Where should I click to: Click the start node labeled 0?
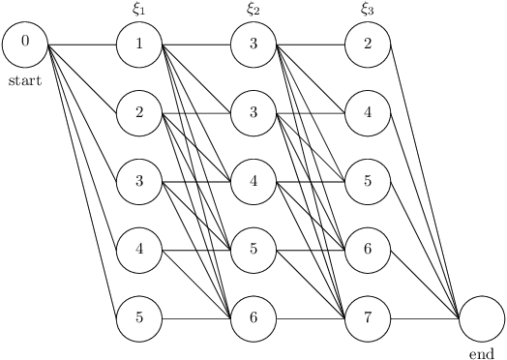[25, 44]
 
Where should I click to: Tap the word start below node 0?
[25, 81]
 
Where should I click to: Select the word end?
[481, 354]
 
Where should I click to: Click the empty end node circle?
[482, 317]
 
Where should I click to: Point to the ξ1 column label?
[139, 10]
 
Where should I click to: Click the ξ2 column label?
[253, 10]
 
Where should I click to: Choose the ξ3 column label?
[368, 10]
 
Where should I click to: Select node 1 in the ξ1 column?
[139, 44]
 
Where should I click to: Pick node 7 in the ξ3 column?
[368, 317]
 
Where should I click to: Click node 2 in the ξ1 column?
[139, 112]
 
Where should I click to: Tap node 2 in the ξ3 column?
[368, 44]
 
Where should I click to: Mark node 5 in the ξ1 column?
[139, 317]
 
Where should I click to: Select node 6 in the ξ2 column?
[253, 317]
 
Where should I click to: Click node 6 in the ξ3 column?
[368, 250]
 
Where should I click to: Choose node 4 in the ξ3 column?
[368, 112]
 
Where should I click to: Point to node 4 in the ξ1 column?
[139, 250]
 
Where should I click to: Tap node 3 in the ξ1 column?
[139, 181]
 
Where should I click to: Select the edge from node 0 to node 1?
[82, 44]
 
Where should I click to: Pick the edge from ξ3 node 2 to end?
[425, 180]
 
